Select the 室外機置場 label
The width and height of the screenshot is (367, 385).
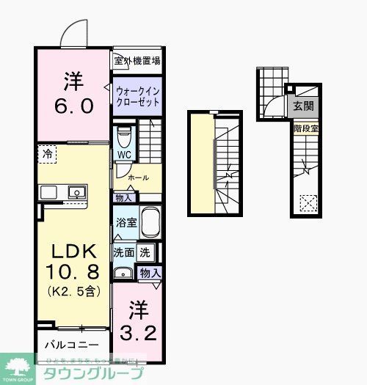click(x=137, y=61)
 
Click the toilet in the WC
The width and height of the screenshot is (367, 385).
click(x=124, y=136)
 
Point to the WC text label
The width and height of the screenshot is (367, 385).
click(x=123, y=155)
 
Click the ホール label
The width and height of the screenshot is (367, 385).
click(x=138, y=177)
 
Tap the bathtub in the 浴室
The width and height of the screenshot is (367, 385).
click(x=150, y=221)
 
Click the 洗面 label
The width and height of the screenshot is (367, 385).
click(x=123, y=252)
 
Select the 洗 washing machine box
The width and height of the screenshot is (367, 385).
click(x=145, y=252)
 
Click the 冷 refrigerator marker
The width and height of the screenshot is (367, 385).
click(x=48, y=154)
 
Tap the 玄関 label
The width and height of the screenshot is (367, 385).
click(x=303, y=106)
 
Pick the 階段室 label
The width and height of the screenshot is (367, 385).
click(x=303, y=128)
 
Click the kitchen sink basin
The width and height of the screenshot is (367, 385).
click(x=75, y=192)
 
